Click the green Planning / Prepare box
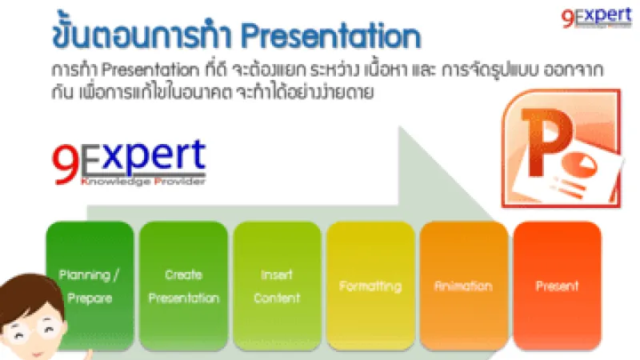point(90,286)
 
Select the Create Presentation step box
point(183,286)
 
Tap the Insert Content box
point(277,286)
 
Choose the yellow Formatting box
point(370,286)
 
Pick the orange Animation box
point(463,286)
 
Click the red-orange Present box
point(557,286)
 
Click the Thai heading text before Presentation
point(136,37)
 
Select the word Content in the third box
point(277,298)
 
